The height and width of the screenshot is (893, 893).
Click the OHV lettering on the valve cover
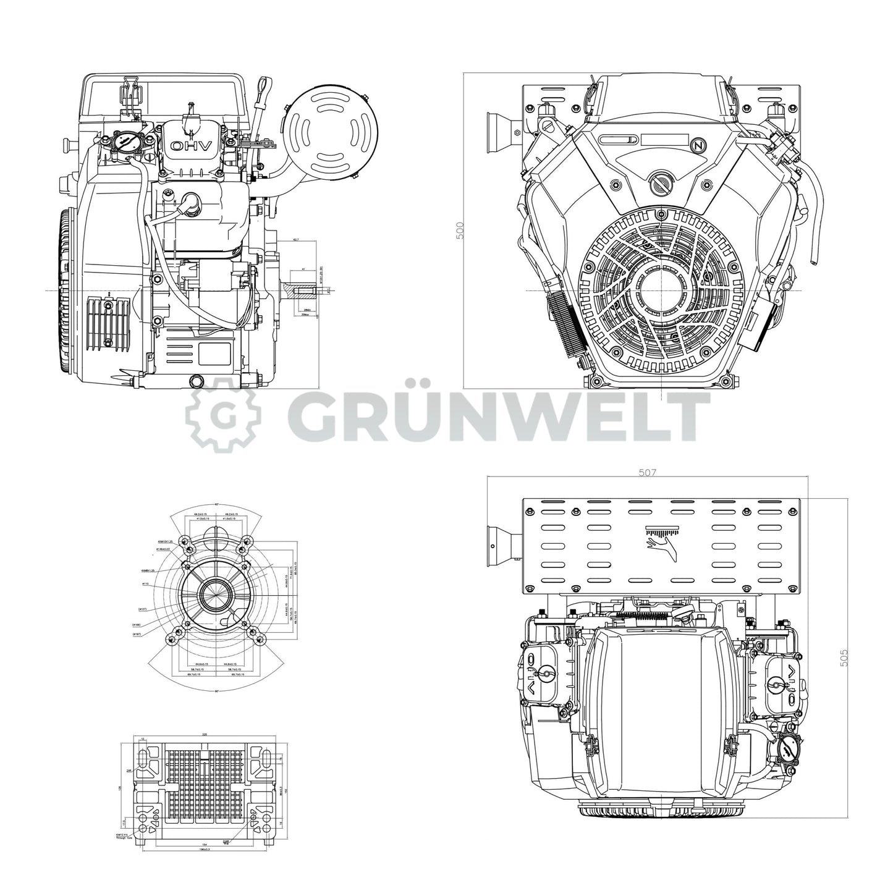[192, 146]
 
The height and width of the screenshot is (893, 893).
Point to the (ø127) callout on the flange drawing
[142, 609]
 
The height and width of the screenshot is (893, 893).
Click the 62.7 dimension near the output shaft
[296, 239]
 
